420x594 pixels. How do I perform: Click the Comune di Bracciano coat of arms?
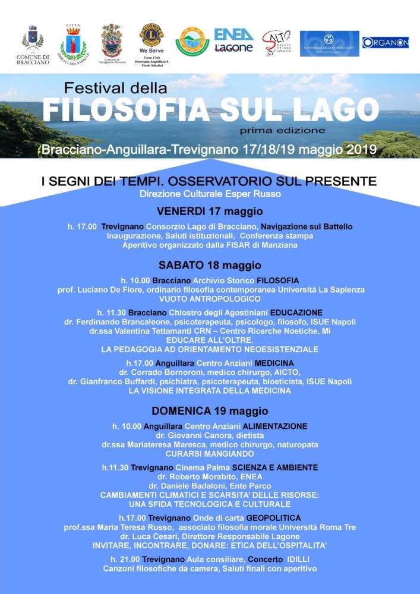(33, 39)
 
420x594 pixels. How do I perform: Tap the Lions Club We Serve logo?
(151, 36)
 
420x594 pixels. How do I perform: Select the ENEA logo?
(233, 34)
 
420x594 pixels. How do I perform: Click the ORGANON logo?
(385, 42)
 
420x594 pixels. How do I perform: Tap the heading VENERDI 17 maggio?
(210, 211)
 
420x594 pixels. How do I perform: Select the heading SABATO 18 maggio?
(210, 264)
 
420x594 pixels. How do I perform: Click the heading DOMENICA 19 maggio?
(210, 410)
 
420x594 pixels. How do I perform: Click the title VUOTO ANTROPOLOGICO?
(210, 299)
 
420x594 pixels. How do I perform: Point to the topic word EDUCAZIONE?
(296, 312)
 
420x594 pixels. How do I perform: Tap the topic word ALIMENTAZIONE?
(275, 426)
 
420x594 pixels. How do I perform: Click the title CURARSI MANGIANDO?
(210, 453)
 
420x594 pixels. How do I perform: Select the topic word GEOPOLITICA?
(273, 518)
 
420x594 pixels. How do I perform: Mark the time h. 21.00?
(125, 560)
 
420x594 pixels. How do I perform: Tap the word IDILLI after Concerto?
(298, 560)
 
